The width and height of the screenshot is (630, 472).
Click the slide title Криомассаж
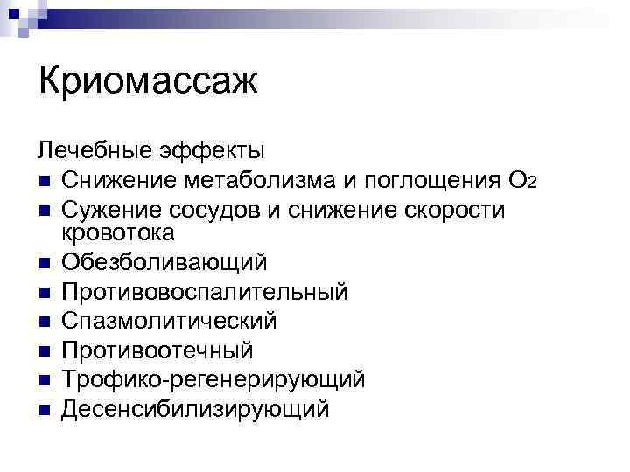tap(149, 84)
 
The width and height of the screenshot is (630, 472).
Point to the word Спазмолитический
tap(169, 321)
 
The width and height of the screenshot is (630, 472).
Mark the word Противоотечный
tap(157, 351)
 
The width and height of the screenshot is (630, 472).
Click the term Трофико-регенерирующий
tap(213, 379)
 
